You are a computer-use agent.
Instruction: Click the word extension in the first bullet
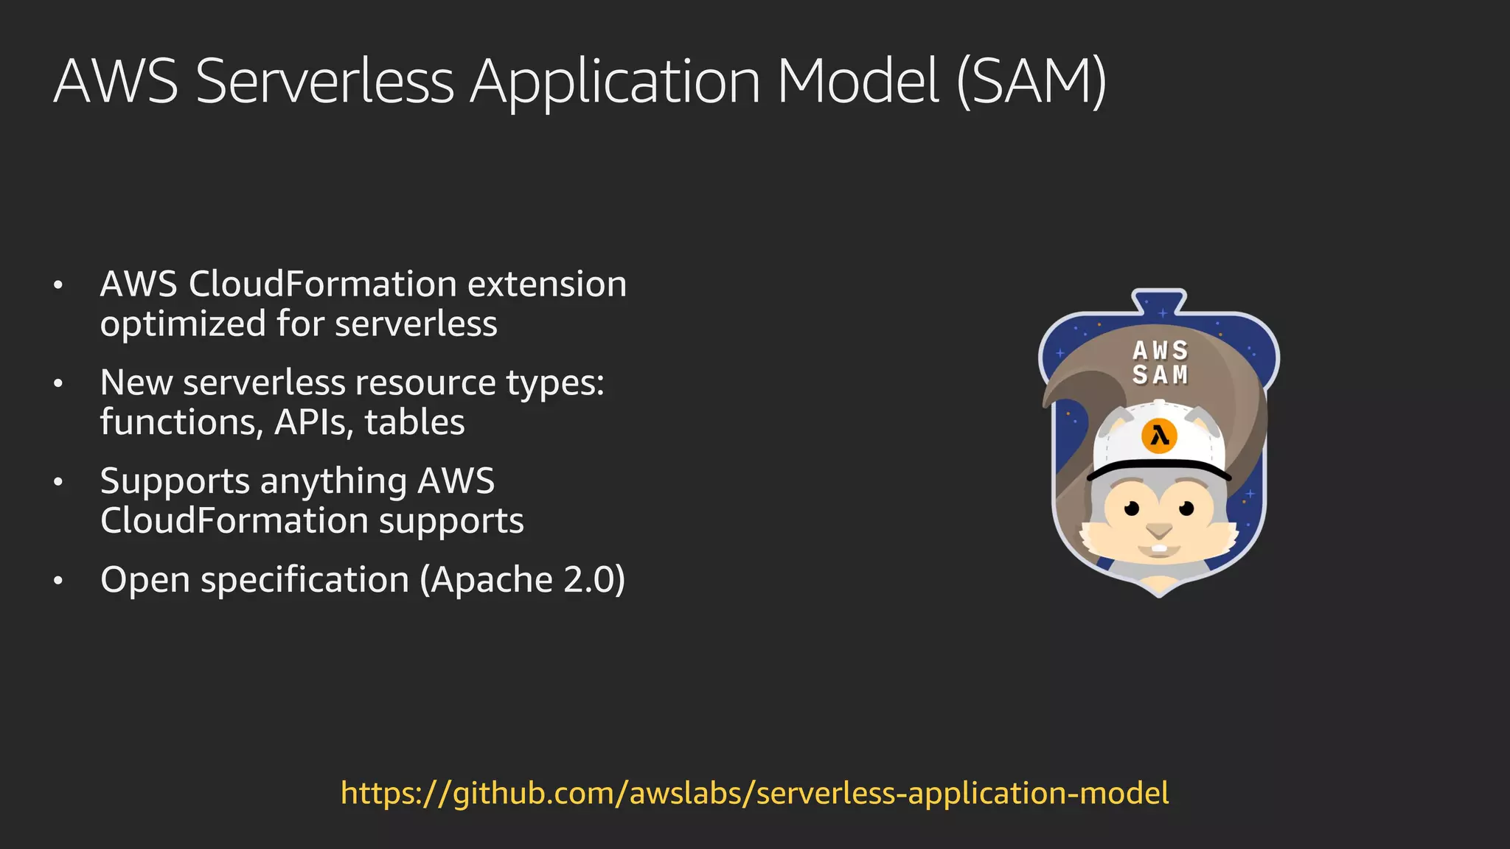point(547,284)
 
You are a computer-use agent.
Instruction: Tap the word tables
point(414,422)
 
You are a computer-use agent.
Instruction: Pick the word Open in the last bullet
point(145,580)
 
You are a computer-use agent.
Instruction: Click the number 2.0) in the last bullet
point(594,580)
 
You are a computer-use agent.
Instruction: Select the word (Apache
point(487,580)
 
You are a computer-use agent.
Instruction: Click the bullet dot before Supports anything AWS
point(58,483)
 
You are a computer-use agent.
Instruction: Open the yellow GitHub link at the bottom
point(754,794)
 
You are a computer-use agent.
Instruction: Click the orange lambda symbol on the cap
point(1159,436)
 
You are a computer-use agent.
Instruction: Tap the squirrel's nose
point(1159,530)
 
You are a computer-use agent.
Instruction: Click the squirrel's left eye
point(1132,508)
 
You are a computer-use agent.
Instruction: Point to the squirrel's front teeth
point(1159,549)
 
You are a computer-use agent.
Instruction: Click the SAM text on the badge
point(1161,375)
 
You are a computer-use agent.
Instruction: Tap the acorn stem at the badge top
point(1159,301)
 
